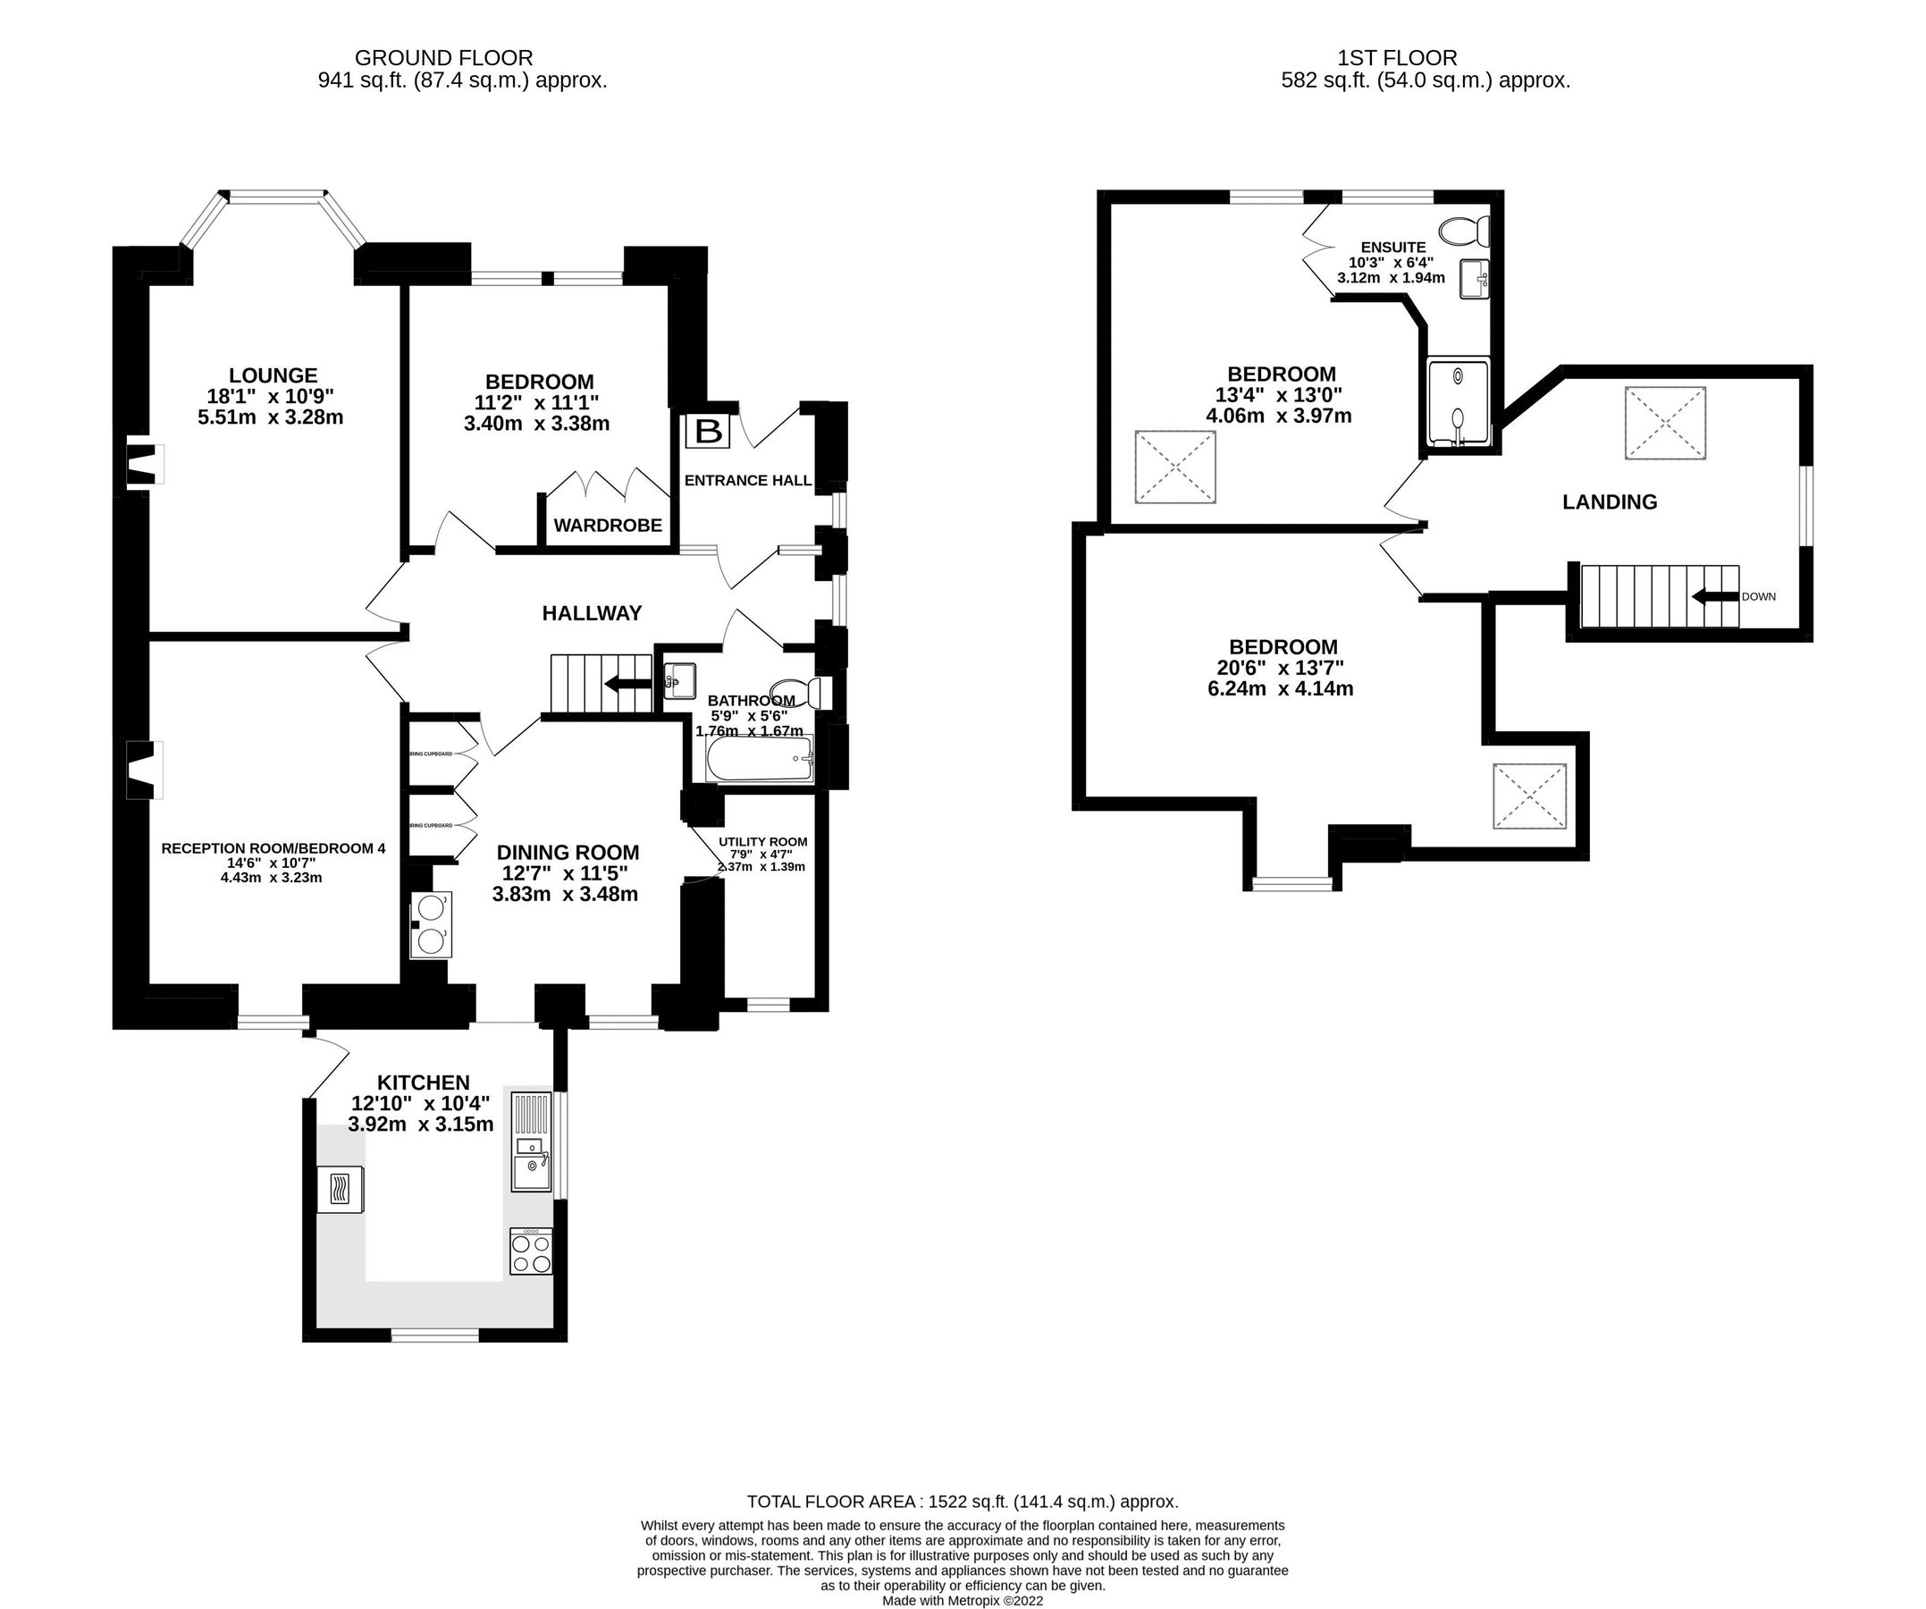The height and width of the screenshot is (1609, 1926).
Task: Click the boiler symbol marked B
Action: tap(708, 431)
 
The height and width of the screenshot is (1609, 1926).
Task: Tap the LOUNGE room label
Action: tap(273, 375)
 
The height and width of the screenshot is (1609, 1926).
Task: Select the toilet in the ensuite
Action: tap(1465, 232)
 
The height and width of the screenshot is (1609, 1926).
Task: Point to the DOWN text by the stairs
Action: tap(1758, 596)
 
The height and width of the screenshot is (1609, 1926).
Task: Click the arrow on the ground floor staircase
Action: tap(627, 684)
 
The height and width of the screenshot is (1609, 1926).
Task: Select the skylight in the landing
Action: tap(1666, 423)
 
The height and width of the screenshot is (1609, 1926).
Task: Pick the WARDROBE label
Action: tap(607, 526)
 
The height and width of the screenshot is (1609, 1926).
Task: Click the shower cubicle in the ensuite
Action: tap(1459, 404)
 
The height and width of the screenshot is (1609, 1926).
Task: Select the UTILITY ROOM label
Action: tap(763, 841)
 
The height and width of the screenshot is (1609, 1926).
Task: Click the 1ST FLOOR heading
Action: tap(1397, 59)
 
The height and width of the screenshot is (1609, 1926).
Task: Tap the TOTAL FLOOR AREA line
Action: tap(962, 1502)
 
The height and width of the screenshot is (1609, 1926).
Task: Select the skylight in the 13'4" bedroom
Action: tap(1176, 467)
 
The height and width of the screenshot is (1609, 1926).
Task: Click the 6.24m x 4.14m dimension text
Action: tap(1281, 688)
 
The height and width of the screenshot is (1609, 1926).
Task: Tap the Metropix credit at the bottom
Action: tap(962, 1601)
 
